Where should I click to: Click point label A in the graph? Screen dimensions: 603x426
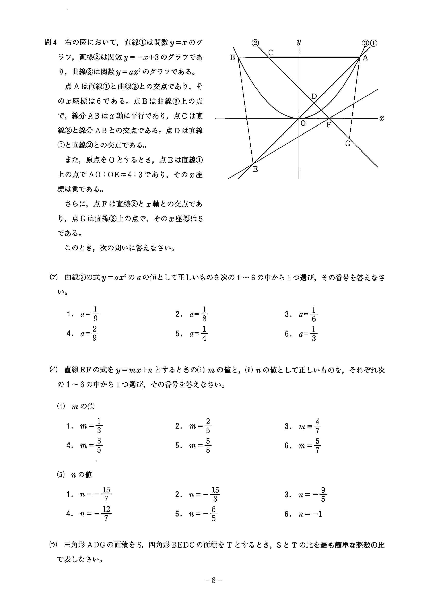tap(365, 58)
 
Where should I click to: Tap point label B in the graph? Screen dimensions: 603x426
tap(232, 58)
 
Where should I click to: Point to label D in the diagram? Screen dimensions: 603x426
tap(314, 96)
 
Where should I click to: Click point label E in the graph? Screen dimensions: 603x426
tap(255, 169)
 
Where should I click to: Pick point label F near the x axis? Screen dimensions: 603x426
tap(329, 125)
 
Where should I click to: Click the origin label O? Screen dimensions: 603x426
tap(303, 123)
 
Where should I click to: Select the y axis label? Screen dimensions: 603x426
tap(299, 42)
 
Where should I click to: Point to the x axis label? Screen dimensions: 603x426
tap(382, 119)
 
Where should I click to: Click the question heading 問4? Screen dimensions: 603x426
tap(51, 43)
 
